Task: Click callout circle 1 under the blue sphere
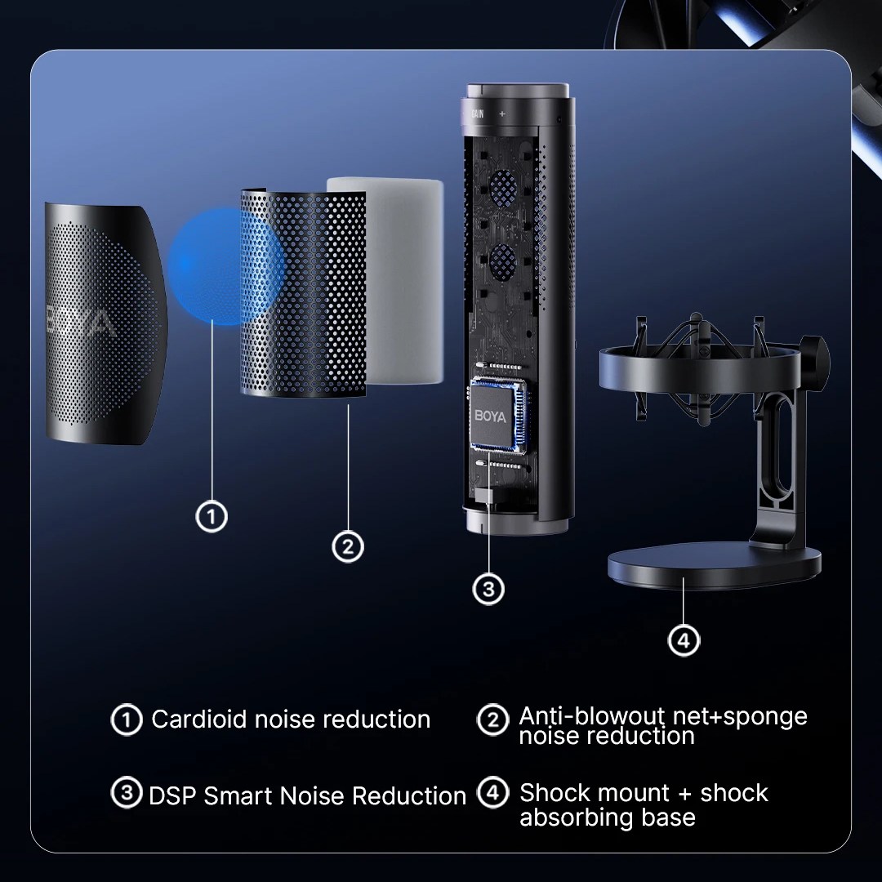click(212, 516)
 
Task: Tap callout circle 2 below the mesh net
click(348, 546)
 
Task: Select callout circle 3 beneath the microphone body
click(488, 589)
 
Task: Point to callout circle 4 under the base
click(684, 640)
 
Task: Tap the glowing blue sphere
click(225, 266)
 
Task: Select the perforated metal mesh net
click(304, 293)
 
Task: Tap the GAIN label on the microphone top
click(477, 114)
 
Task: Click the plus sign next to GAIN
click(502, 114)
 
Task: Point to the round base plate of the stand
click(714, 566)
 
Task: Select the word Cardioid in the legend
click(200, 719)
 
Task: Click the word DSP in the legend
click(172, 796)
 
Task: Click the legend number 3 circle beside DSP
click(127, 792)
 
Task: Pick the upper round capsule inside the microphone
click(503, 186)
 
